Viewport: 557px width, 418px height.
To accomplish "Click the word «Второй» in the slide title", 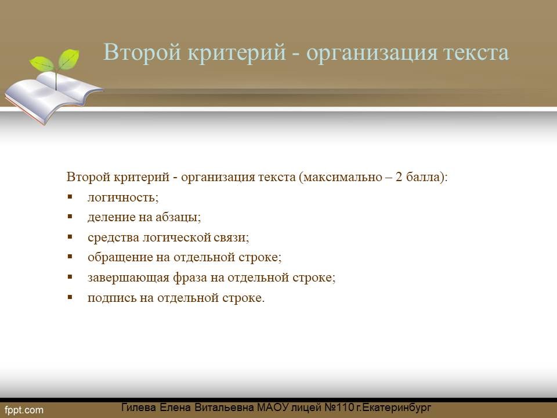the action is [142, 52].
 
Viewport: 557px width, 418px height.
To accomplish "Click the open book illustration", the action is [53, 96].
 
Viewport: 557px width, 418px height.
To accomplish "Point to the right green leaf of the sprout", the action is [68, 59].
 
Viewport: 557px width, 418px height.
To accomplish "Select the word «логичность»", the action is [121, 197].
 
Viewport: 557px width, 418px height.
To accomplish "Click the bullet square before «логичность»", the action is [70, 196].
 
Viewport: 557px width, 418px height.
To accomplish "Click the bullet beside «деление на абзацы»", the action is [70, 216].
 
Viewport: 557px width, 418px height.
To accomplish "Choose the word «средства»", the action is [113, 237].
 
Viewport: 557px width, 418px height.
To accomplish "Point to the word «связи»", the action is [230, 237].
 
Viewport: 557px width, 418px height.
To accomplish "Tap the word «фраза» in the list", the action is [190, 278].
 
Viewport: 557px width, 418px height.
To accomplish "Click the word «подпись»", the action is [111, 297].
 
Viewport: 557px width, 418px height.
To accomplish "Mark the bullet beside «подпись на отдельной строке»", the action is [70, 297].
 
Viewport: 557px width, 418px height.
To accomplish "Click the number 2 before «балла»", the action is [399, 176].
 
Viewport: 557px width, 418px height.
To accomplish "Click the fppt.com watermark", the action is [24, 410].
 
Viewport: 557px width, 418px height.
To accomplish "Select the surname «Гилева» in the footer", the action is [139, 408].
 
